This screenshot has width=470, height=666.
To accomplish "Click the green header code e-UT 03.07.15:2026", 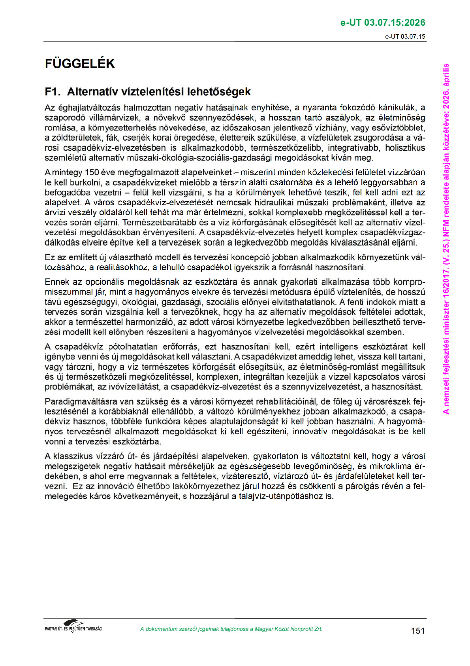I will [383, 23].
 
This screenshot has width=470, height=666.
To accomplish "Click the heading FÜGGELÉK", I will [80, 64].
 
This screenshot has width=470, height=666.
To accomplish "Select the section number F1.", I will [53, 92].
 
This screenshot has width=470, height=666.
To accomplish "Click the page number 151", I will [418, 631].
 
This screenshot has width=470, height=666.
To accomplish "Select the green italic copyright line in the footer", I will [231, 629].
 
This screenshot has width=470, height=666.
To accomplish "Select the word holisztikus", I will [405, 148].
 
